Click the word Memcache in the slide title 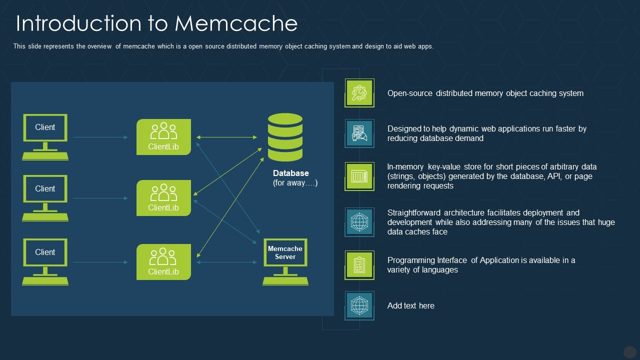point(236,23)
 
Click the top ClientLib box point(163,137)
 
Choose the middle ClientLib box point(163,198)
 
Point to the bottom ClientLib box point(163,262)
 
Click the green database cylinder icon point(285,137)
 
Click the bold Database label point(290,173)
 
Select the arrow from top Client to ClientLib point(100,137)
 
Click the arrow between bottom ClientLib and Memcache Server point(227,262)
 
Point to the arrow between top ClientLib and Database point(226,137)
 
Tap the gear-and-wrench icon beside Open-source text point(359,93)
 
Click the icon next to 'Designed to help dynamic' point(359,133)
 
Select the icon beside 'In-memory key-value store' point(359,176)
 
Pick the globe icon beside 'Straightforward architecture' point(359,222)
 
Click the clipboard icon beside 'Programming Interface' point(359,265)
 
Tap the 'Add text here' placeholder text point(410,305)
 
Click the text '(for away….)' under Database point(295,183)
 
